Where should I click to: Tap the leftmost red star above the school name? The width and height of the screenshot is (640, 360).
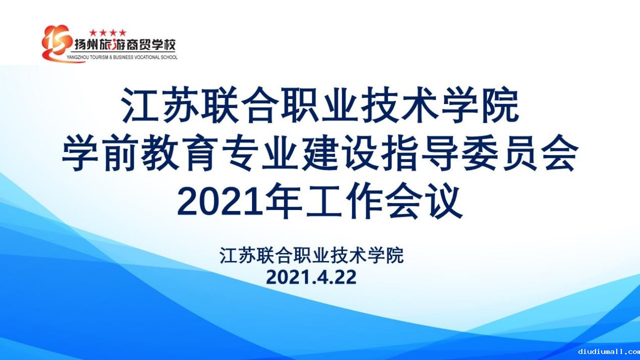pos(93,33)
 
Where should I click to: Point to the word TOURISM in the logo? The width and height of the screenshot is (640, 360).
pos(99,58)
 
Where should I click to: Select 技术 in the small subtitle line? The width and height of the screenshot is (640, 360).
pos(349,255)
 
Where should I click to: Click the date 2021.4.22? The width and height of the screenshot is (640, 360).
pos(312,277)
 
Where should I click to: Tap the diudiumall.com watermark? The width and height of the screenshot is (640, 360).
pos(609,351)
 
